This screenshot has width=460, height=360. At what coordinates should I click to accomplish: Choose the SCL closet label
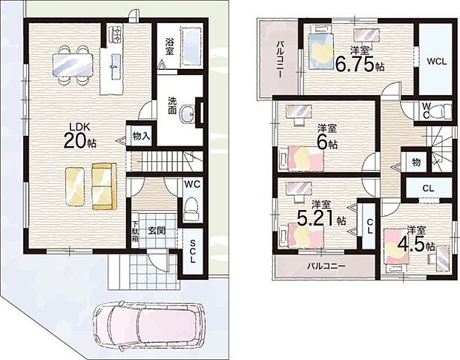(x=193, y=255)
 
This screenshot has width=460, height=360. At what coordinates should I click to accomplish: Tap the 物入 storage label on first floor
(x=141, y=136)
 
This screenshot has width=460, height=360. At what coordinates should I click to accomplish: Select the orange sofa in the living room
(x=103, y=185)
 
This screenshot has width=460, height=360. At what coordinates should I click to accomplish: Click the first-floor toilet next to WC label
(x=191, y=208)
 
